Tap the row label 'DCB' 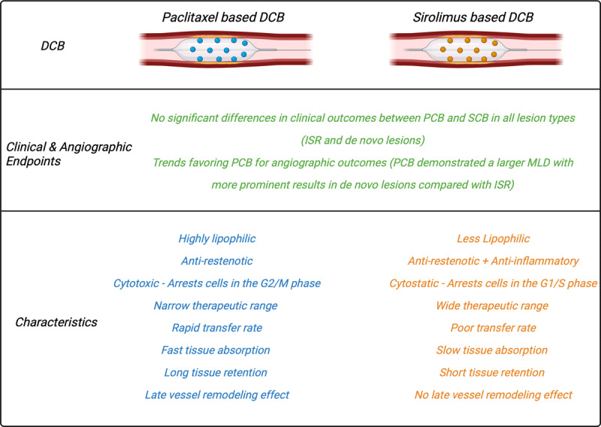[53, 46]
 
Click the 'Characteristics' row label [56, 322]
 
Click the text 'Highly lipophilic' [217, 239]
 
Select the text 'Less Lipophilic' [493, 239]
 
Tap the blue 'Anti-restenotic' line [217, 261]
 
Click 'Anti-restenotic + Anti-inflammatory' [493, 261]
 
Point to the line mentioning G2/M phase [217, 283]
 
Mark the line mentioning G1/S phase [493, 283]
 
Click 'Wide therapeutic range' [493, 306]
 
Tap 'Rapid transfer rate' [217, 328]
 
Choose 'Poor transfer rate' [493, 328]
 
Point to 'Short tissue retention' [493, 372]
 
